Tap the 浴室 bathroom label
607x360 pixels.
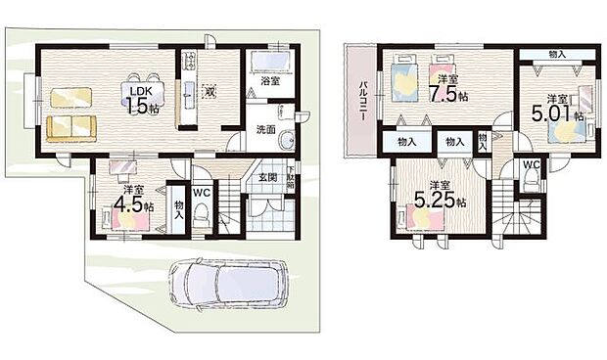tap(269, 82)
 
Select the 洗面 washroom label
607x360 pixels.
tap(265, 129)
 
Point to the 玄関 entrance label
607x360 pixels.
tap(267, 177)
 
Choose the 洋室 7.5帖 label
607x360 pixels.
tap(448, 89)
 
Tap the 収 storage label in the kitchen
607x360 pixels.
tap(209, 91)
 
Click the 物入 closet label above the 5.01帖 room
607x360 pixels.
tap(557, 54)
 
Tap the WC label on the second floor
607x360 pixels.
tap(530, 164)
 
